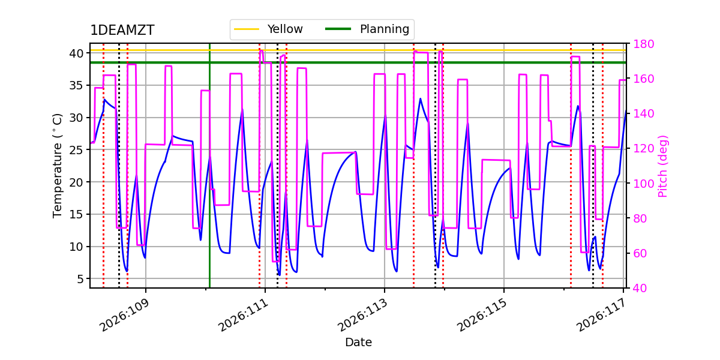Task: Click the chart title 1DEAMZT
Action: [x=122, y=31]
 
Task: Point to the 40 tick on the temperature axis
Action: [x=76, y=53]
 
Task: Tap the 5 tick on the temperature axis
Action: [x=79, y=278]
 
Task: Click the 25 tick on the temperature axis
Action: [x=76, y=149]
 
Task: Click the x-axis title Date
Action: [x=358, y=343]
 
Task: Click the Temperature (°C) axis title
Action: [x=58, y=166]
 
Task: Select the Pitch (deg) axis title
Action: [x=663, y=166]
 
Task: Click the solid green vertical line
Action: [x=209, y=180]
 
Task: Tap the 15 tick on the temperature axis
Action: [x=76, y=214]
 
